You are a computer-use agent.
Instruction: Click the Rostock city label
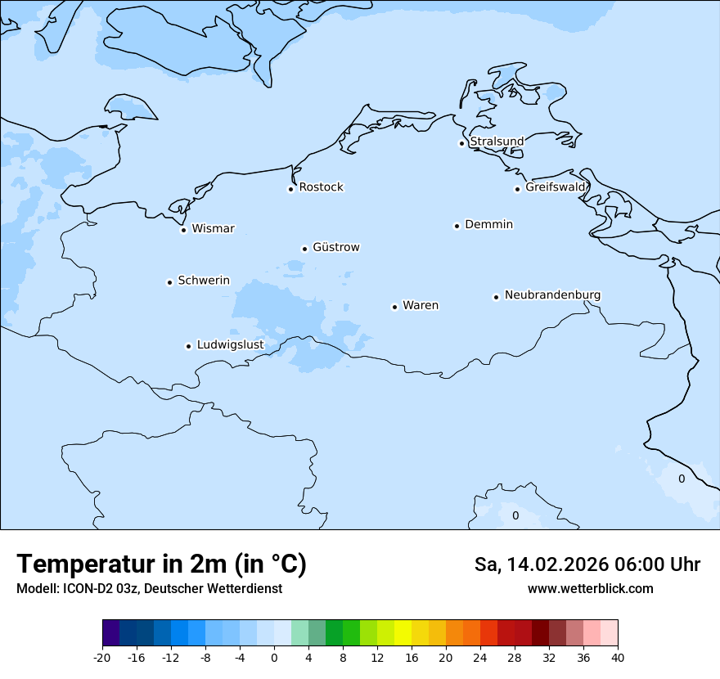(321, 187)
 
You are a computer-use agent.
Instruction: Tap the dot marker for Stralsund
(461, 143)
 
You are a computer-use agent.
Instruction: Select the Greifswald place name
(556, 187)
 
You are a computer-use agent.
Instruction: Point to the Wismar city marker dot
(183, 230)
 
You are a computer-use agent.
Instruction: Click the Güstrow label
(335, 247)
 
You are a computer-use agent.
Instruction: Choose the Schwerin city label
(204, 281)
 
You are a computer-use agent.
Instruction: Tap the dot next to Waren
(394, 307)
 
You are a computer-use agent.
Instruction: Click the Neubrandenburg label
(552, 295)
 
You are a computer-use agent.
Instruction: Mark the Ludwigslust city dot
(188, 346)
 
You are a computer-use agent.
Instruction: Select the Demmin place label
(488, 224)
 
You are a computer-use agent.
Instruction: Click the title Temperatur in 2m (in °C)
(161, 564)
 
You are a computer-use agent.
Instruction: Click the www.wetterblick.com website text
(590, 588)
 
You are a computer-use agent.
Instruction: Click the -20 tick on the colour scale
(102, 657)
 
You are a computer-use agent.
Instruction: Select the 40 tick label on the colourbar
(618, 657)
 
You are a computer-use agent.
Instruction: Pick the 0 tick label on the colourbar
(274, 657)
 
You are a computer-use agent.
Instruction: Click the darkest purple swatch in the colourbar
(110, 633)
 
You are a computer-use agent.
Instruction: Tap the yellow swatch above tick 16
(403, 633)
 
